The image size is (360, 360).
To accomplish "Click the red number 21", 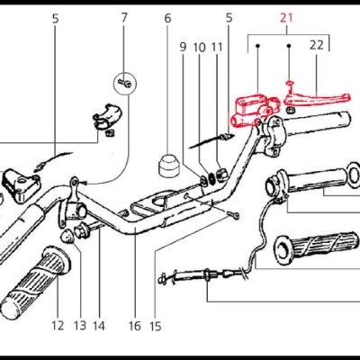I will pyautogui.click(x=287, y=17).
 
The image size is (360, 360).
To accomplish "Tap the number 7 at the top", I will pyautogui.click(x=124, y=17).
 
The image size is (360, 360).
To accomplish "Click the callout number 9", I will pyautogui.click(x=182, y=47).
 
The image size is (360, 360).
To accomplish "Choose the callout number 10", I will pyautogui.click(x=199, y=47).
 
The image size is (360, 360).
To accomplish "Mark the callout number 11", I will pyautogui.click(x=217, y=47).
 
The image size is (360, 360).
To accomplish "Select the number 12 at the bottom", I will pyautogui.click(x=58, y=326).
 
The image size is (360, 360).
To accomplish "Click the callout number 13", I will pyautogui.click(x=79, y=326).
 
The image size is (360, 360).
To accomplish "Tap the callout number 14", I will pyautogui.click(x=99, y=326).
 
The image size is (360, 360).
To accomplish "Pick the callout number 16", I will pyautogui.click(x=135, y=326).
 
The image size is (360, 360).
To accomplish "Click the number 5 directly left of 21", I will pyautogui.click(x=229, y=17).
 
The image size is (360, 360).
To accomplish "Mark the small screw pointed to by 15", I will pyautogui.click(x=232, y=215).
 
